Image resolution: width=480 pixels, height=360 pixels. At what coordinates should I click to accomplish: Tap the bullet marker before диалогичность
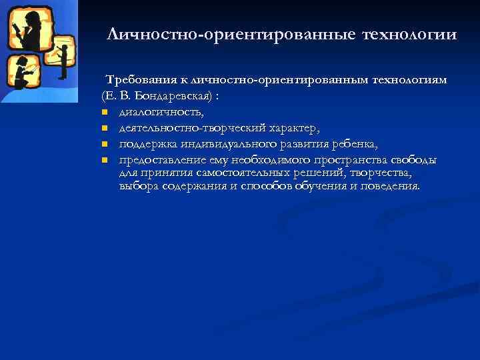[x=105, y=112]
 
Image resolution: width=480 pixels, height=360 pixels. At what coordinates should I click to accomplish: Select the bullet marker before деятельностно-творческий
[x=105, y=128]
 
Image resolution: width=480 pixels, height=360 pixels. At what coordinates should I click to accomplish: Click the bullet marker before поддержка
[x=105, y=144]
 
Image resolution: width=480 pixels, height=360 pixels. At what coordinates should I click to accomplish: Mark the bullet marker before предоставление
[x=105, y=160]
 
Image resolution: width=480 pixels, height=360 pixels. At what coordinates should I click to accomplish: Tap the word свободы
[x=415, y=160]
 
